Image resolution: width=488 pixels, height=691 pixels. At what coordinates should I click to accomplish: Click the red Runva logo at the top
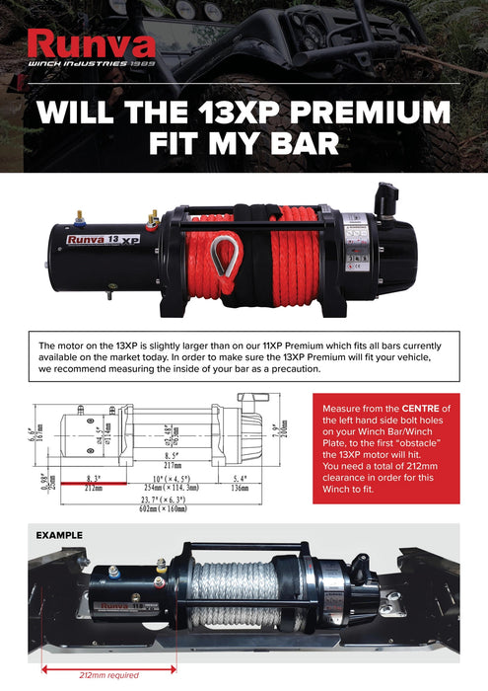coord(90,43)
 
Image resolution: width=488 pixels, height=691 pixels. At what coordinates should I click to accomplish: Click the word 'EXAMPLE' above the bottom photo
coord(59,535)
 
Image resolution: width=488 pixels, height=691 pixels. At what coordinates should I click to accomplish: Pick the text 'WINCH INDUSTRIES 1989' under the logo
coord(91,64)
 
